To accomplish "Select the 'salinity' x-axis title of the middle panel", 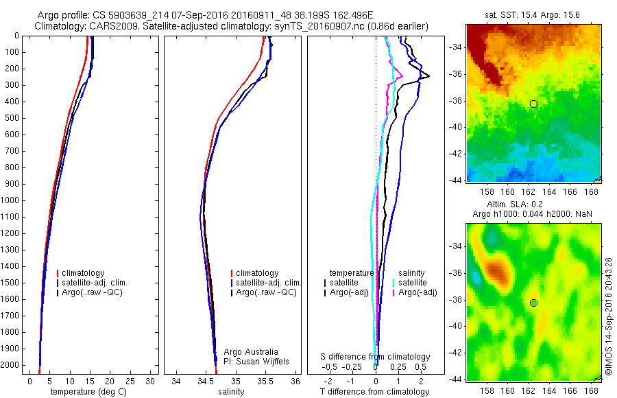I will [x=230, y=392].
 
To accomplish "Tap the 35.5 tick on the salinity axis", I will [x=265, y=380].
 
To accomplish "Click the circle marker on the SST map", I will [x=533, y=104].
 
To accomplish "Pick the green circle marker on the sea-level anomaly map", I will [x=533, y=303].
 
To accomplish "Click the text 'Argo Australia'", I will [x=251, y=352].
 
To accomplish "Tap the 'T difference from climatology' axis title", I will [x=375, y=392].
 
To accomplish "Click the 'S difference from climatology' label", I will [x=376, y=357].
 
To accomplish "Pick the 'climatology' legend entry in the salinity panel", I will [x=257, y=273].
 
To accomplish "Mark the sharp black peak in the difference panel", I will [x=429, y=75].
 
